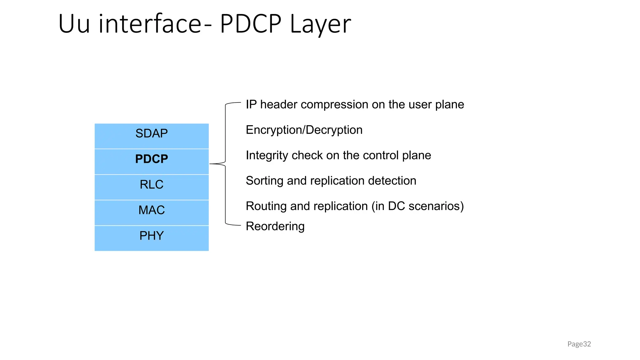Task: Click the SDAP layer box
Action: tap(152, 136)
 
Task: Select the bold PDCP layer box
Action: tap(152, 161)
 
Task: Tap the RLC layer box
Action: tap(152, 187)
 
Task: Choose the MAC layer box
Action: tap(152, 212)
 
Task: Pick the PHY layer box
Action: tap(152, 238)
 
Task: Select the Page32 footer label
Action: tap(579, 344)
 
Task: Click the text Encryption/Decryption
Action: tap(304, 130)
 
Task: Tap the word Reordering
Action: tap(275, 226)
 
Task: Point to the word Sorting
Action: tap(264, 181)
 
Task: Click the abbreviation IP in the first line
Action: tap(251, 104)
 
